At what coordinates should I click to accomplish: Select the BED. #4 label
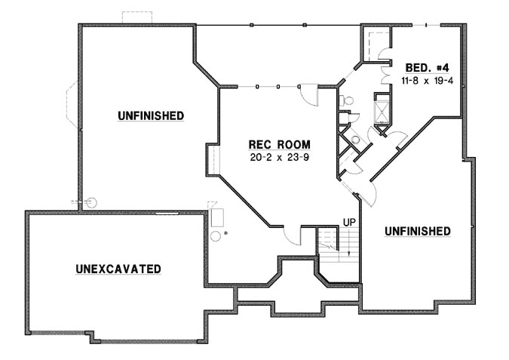pos(425,66)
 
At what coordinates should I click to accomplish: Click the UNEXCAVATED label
pos(118,269)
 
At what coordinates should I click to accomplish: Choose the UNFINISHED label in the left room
pos(151,115)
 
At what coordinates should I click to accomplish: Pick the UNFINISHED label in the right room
pos(418,231)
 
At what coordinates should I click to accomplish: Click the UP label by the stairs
pos(348,223)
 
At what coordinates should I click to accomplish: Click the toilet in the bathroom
pos(348,100)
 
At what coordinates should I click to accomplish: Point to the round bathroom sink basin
pos(355,140)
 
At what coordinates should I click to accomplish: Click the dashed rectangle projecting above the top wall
pos(137,17)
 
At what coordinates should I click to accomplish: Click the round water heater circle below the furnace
pos(215,236)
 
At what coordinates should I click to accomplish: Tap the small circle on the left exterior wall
pos(92,202)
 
